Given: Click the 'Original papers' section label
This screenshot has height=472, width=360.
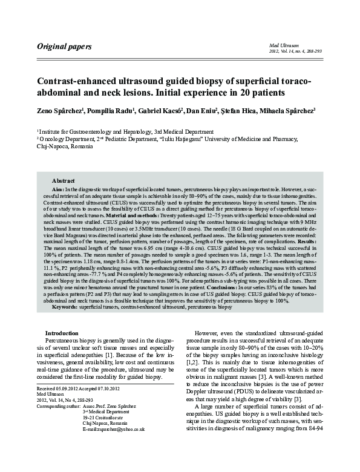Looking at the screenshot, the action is point(64,47).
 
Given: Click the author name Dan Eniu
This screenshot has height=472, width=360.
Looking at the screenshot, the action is point(219,111).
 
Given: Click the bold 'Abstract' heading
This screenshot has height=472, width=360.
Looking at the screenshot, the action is point(63,181).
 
